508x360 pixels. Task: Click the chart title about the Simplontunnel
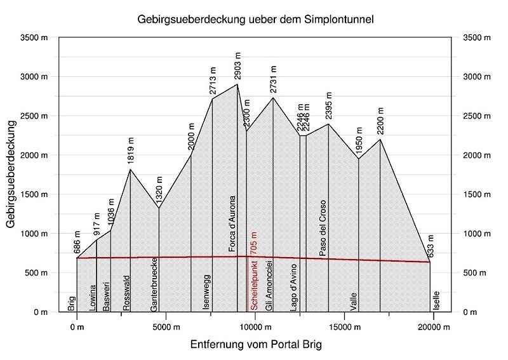point(255,19)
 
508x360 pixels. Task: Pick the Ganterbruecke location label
point(154,284)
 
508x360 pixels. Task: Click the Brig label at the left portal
point(71,303)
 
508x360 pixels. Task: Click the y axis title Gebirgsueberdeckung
point(11,175)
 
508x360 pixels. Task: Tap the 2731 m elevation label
point(274,79)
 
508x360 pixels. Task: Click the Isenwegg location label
point(206,291)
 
